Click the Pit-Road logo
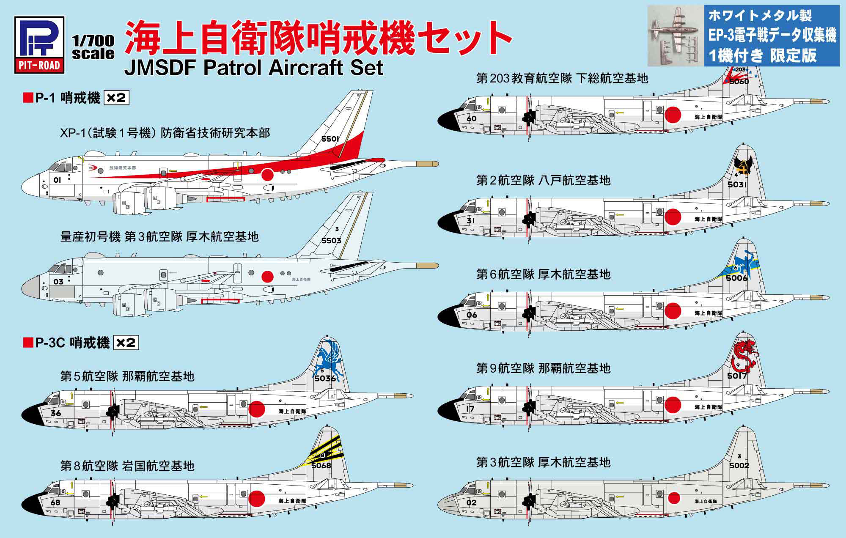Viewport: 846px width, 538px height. (39, 45)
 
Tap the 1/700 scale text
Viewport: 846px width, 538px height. (93, 47)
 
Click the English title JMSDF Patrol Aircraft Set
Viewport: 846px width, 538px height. (254, 68)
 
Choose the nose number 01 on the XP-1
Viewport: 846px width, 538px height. (57, 180)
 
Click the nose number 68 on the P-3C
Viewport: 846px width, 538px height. (55, 503)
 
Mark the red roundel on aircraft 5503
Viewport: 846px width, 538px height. (267, 277)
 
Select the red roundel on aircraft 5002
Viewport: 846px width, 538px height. (674, 498)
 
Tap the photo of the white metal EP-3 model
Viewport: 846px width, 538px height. (676, 35)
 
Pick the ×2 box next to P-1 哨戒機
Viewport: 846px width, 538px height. (116, 98)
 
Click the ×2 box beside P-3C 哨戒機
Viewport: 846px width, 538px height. (126, 343)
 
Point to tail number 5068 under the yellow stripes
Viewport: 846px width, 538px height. (321, 466)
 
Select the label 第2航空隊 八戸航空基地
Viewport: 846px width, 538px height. (544, 181)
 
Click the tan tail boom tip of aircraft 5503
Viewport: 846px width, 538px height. (427, 266)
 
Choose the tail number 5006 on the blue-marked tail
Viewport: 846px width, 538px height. (737, 278)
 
